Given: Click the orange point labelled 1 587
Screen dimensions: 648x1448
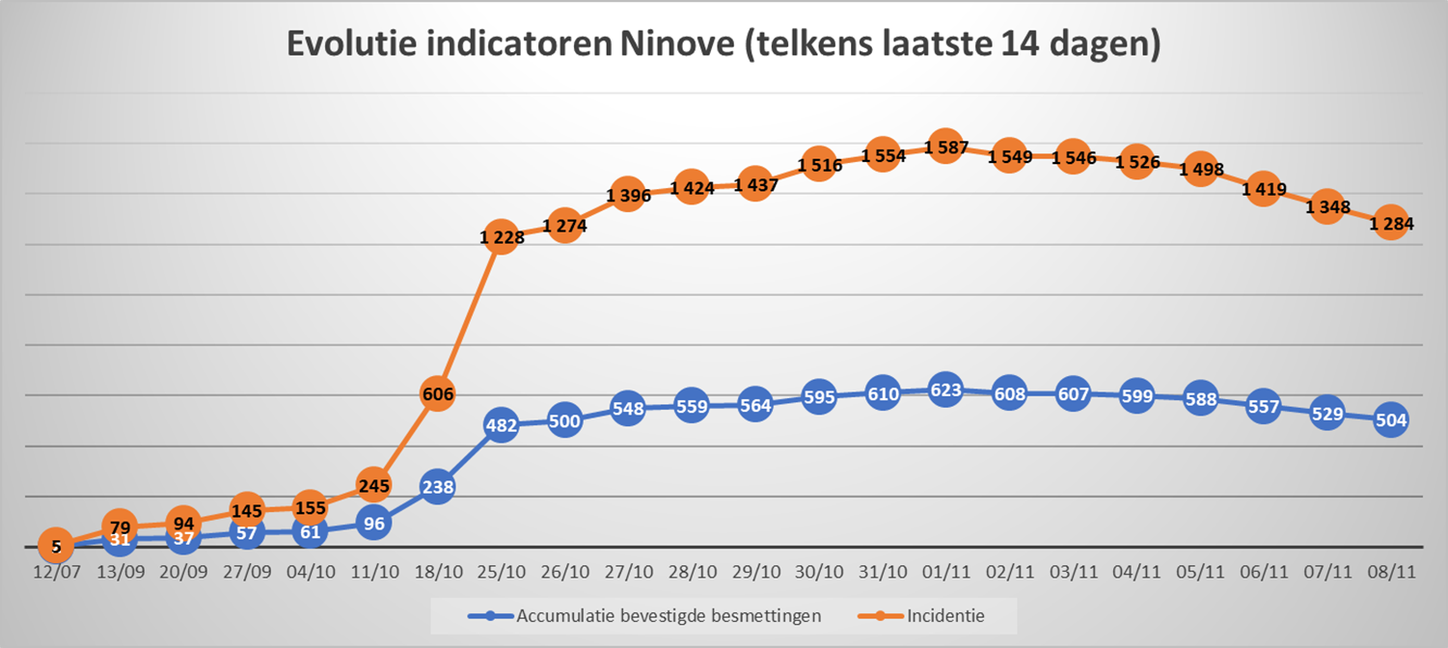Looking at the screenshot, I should (944, 148).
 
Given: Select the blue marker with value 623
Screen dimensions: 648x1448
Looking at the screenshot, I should (944, 391).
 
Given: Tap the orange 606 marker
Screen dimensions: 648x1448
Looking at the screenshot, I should (437, 393).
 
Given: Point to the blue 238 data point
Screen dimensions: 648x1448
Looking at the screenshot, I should (437, 487).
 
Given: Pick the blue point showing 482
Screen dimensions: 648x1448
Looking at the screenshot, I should (501, 424).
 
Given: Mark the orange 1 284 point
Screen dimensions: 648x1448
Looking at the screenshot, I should (1390, 224).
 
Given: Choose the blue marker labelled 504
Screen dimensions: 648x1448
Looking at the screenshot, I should (1390, 420).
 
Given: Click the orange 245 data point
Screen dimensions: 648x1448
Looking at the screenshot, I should (374, 485).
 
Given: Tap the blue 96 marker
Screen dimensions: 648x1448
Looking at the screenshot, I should (374, 524).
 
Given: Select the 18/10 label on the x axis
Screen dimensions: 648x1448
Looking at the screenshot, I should (437, 572).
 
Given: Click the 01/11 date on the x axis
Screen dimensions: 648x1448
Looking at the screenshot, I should (944, 572).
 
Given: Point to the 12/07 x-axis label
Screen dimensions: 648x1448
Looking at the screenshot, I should (56, 572).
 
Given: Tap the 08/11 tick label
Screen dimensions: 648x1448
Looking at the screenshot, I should (1390, 572).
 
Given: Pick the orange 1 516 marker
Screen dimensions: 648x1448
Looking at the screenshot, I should (818, 165).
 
